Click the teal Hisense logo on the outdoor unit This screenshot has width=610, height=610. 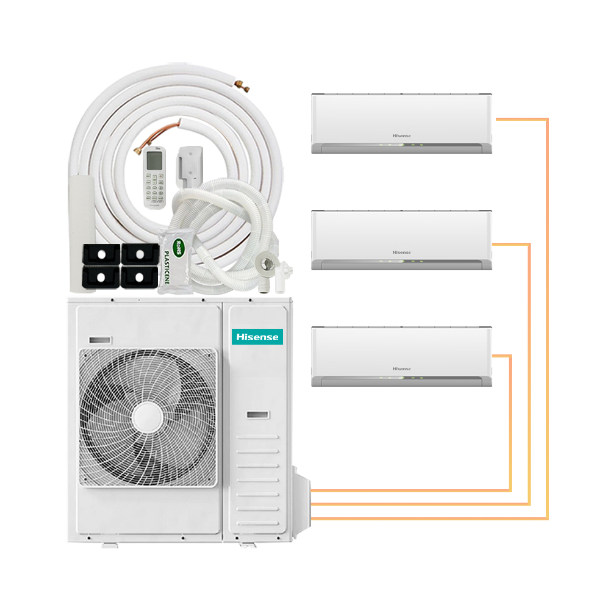pos(257,336)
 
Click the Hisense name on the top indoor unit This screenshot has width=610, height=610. pos(401,135)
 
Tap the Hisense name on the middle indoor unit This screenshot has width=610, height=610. pos(401,252)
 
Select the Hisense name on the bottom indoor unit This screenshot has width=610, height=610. pos(401,368)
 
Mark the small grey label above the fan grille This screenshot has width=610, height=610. pos(100,339)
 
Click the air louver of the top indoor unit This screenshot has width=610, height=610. pos(401,147)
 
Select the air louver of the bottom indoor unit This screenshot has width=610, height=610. pos(401,380)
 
